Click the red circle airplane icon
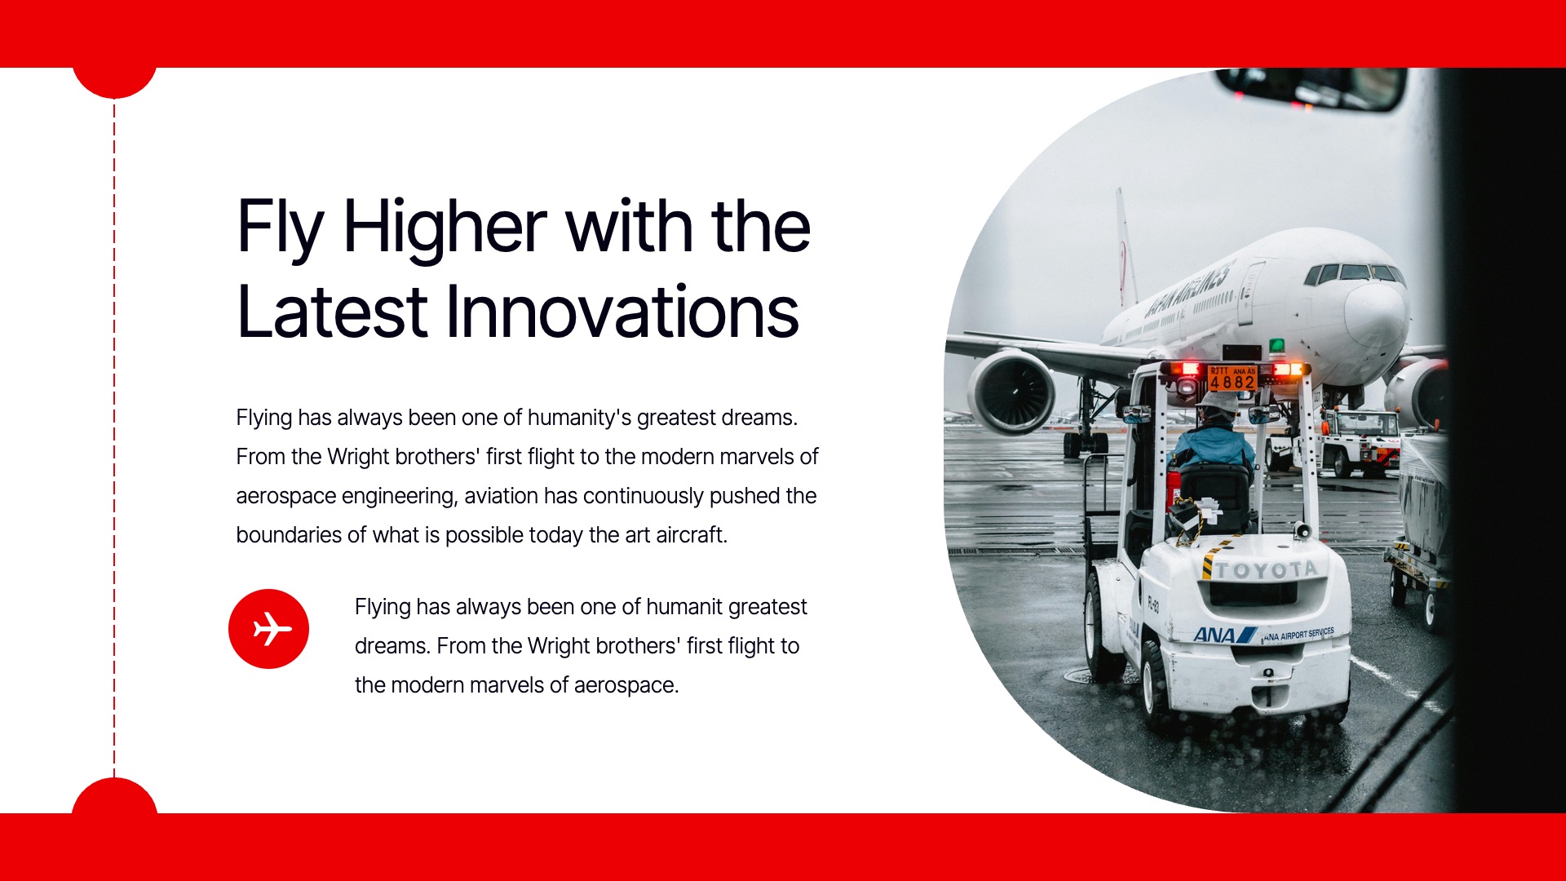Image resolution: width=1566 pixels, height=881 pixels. (268, 629)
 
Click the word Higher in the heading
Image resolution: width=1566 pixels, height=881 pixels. (445, 227)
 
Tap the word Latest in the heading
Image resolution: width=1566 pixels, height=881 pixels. (332, 312)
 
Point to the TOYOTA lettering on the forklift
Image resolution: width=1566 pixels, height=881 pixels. (1267, 569)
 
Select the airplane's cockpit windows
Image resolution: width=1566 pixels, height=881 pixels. (1354, 272)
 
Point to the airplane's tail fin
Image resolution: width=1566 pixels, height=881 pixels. (1126, 245)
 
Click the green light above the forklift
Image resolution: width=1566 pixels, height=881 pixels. (1276, 346)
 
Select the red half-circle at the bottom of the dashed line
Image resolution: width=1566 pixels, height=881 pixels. (114, 797)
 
